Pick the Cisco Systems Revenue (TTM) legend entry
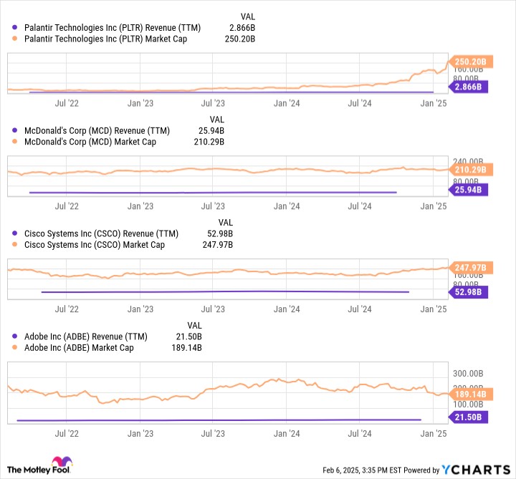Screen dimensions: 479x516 (x=101, y=233)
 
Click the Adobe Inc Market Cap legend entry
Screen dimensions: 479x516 (x=79, y=348)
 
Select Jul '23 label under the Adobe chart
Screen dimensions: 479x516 (x=213, y=433)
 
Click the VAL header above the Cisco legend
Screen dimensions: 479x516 (x=226, y=222)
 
